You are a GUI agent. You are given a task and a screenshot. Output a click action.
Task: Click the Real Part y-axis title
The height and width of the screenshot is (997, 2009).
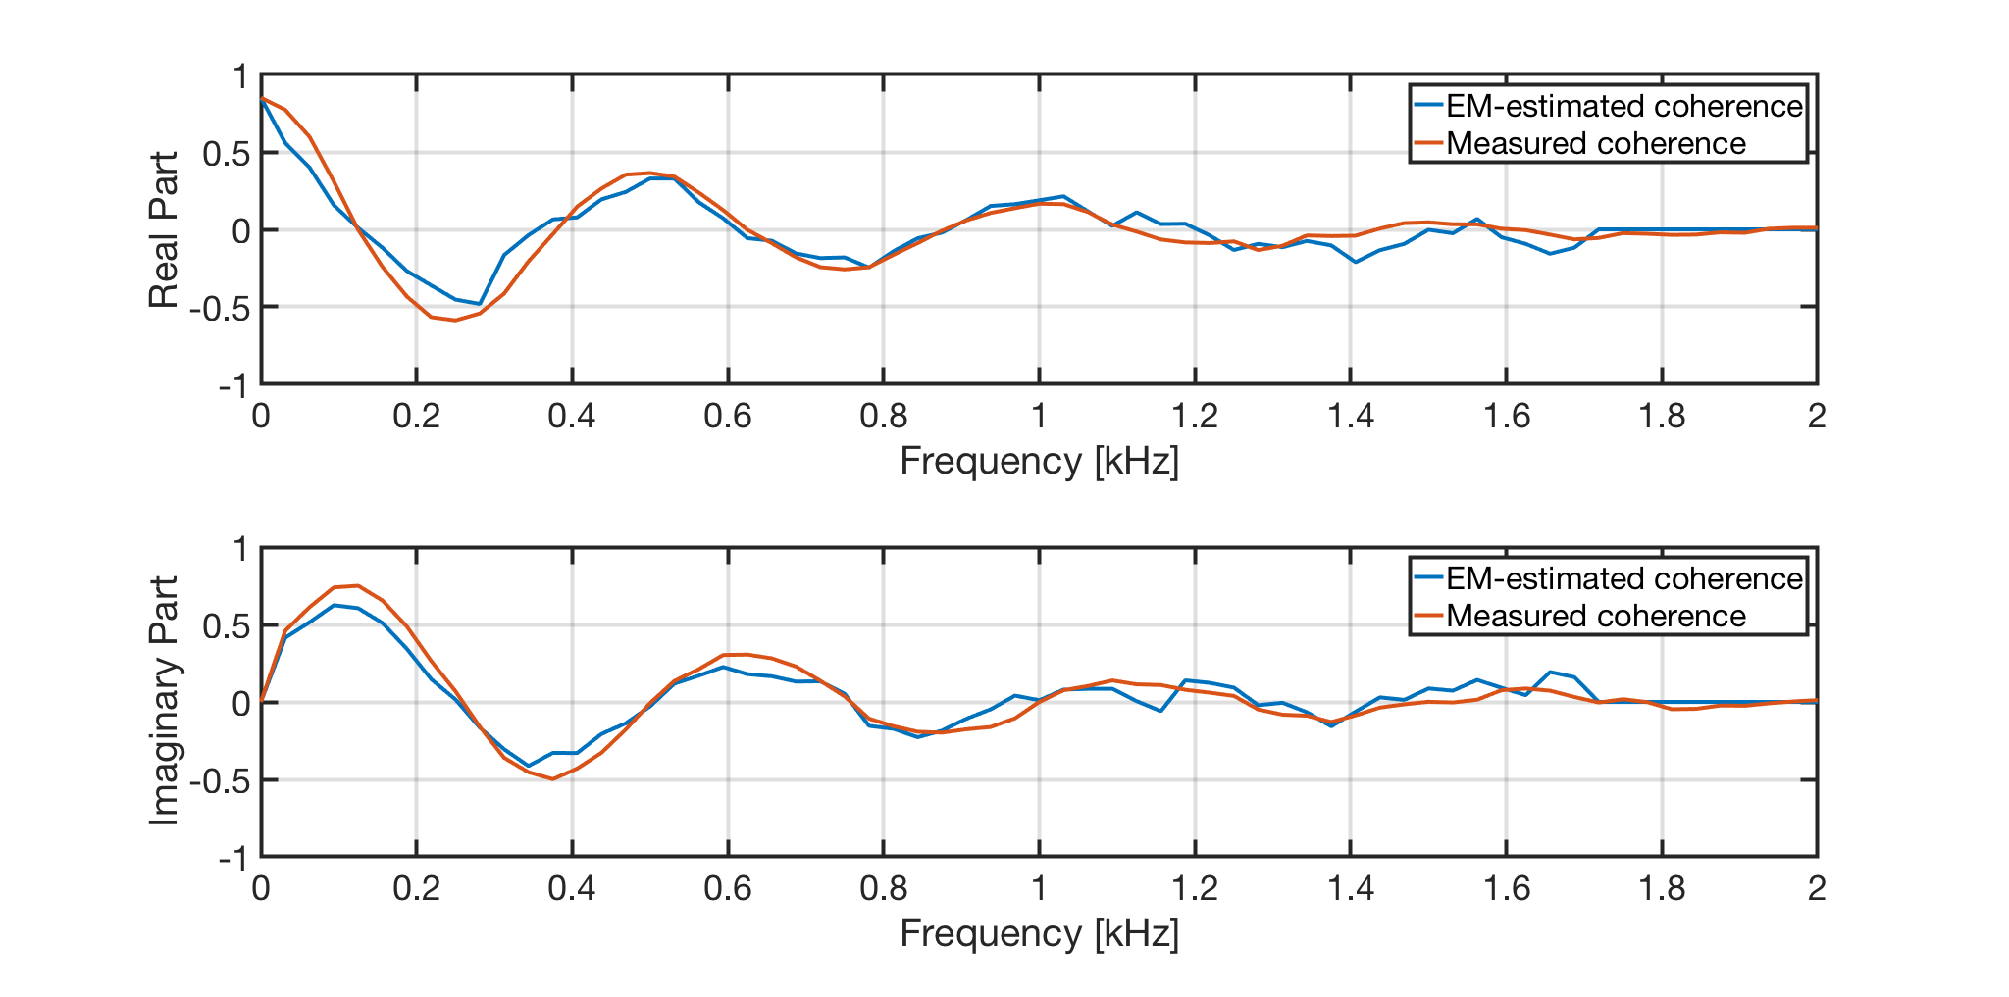point(164,229)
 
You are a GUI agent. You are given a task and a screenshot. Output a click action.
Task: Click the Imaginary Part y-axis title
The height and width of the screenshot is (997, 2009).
point(164,700)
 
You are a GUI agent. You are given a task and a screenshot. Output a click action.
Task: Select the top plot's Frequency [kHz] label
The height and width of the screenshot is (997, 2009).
point(1039,461)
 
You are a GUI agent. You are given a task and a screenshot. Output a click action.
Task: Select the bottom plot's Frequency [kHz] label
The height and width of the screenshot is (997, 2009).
point(1039,933)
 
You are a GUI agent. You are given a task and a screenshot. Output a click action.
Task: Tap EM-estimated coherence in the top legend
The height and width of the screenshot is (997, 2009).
point(1623,106)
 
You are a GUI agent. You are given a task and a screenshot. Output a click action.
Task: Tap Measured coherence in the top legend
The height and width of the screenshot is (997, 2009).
point(1595,143)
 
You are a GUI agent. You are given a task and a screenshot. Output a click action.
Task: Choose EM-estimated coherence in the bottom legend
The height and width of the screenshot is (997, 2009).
point(1623,578)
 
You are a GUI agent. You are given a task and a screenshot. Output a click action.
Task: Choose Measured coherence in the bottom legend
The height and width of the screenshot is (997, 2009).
point(1595,616)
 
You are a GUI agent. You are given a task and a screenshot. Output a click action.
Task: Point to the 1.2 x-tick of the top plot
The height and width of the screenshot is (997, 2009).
point(1195,417)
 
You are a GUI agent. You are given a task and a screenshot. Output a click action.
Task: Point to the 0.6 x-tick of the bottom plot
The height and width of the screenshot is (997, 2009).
point(727,889)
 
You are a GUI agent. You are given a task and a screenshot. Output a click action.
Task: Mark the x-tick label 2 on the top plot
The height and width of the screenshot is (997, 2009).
point(1817,417)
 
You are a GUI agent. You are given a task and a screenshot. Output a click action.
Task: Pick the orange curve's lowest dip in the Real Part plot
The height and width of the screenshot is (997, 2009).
point(455,320)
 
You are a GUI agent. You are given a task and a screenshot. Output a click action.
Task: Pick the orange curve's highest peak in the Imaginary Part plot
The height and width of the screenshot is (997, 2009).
point(358,586)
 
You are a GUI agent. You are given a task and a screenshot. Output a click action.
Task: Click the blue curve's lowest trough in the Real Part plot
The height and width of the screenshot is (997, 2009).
point(479,304)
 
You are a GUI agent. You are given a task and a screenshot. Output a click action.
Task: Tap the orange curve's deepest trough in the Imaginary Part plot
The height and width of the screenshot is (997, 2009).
point(552,779)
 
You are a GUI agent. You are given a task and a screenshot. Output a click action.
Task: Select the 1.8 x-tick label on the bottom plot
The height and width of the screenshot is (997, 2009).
point(1662,889)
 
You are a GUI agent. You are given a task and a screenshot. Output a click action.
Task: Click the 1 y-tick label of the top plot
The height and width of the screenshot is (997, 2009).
point(239,76)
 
